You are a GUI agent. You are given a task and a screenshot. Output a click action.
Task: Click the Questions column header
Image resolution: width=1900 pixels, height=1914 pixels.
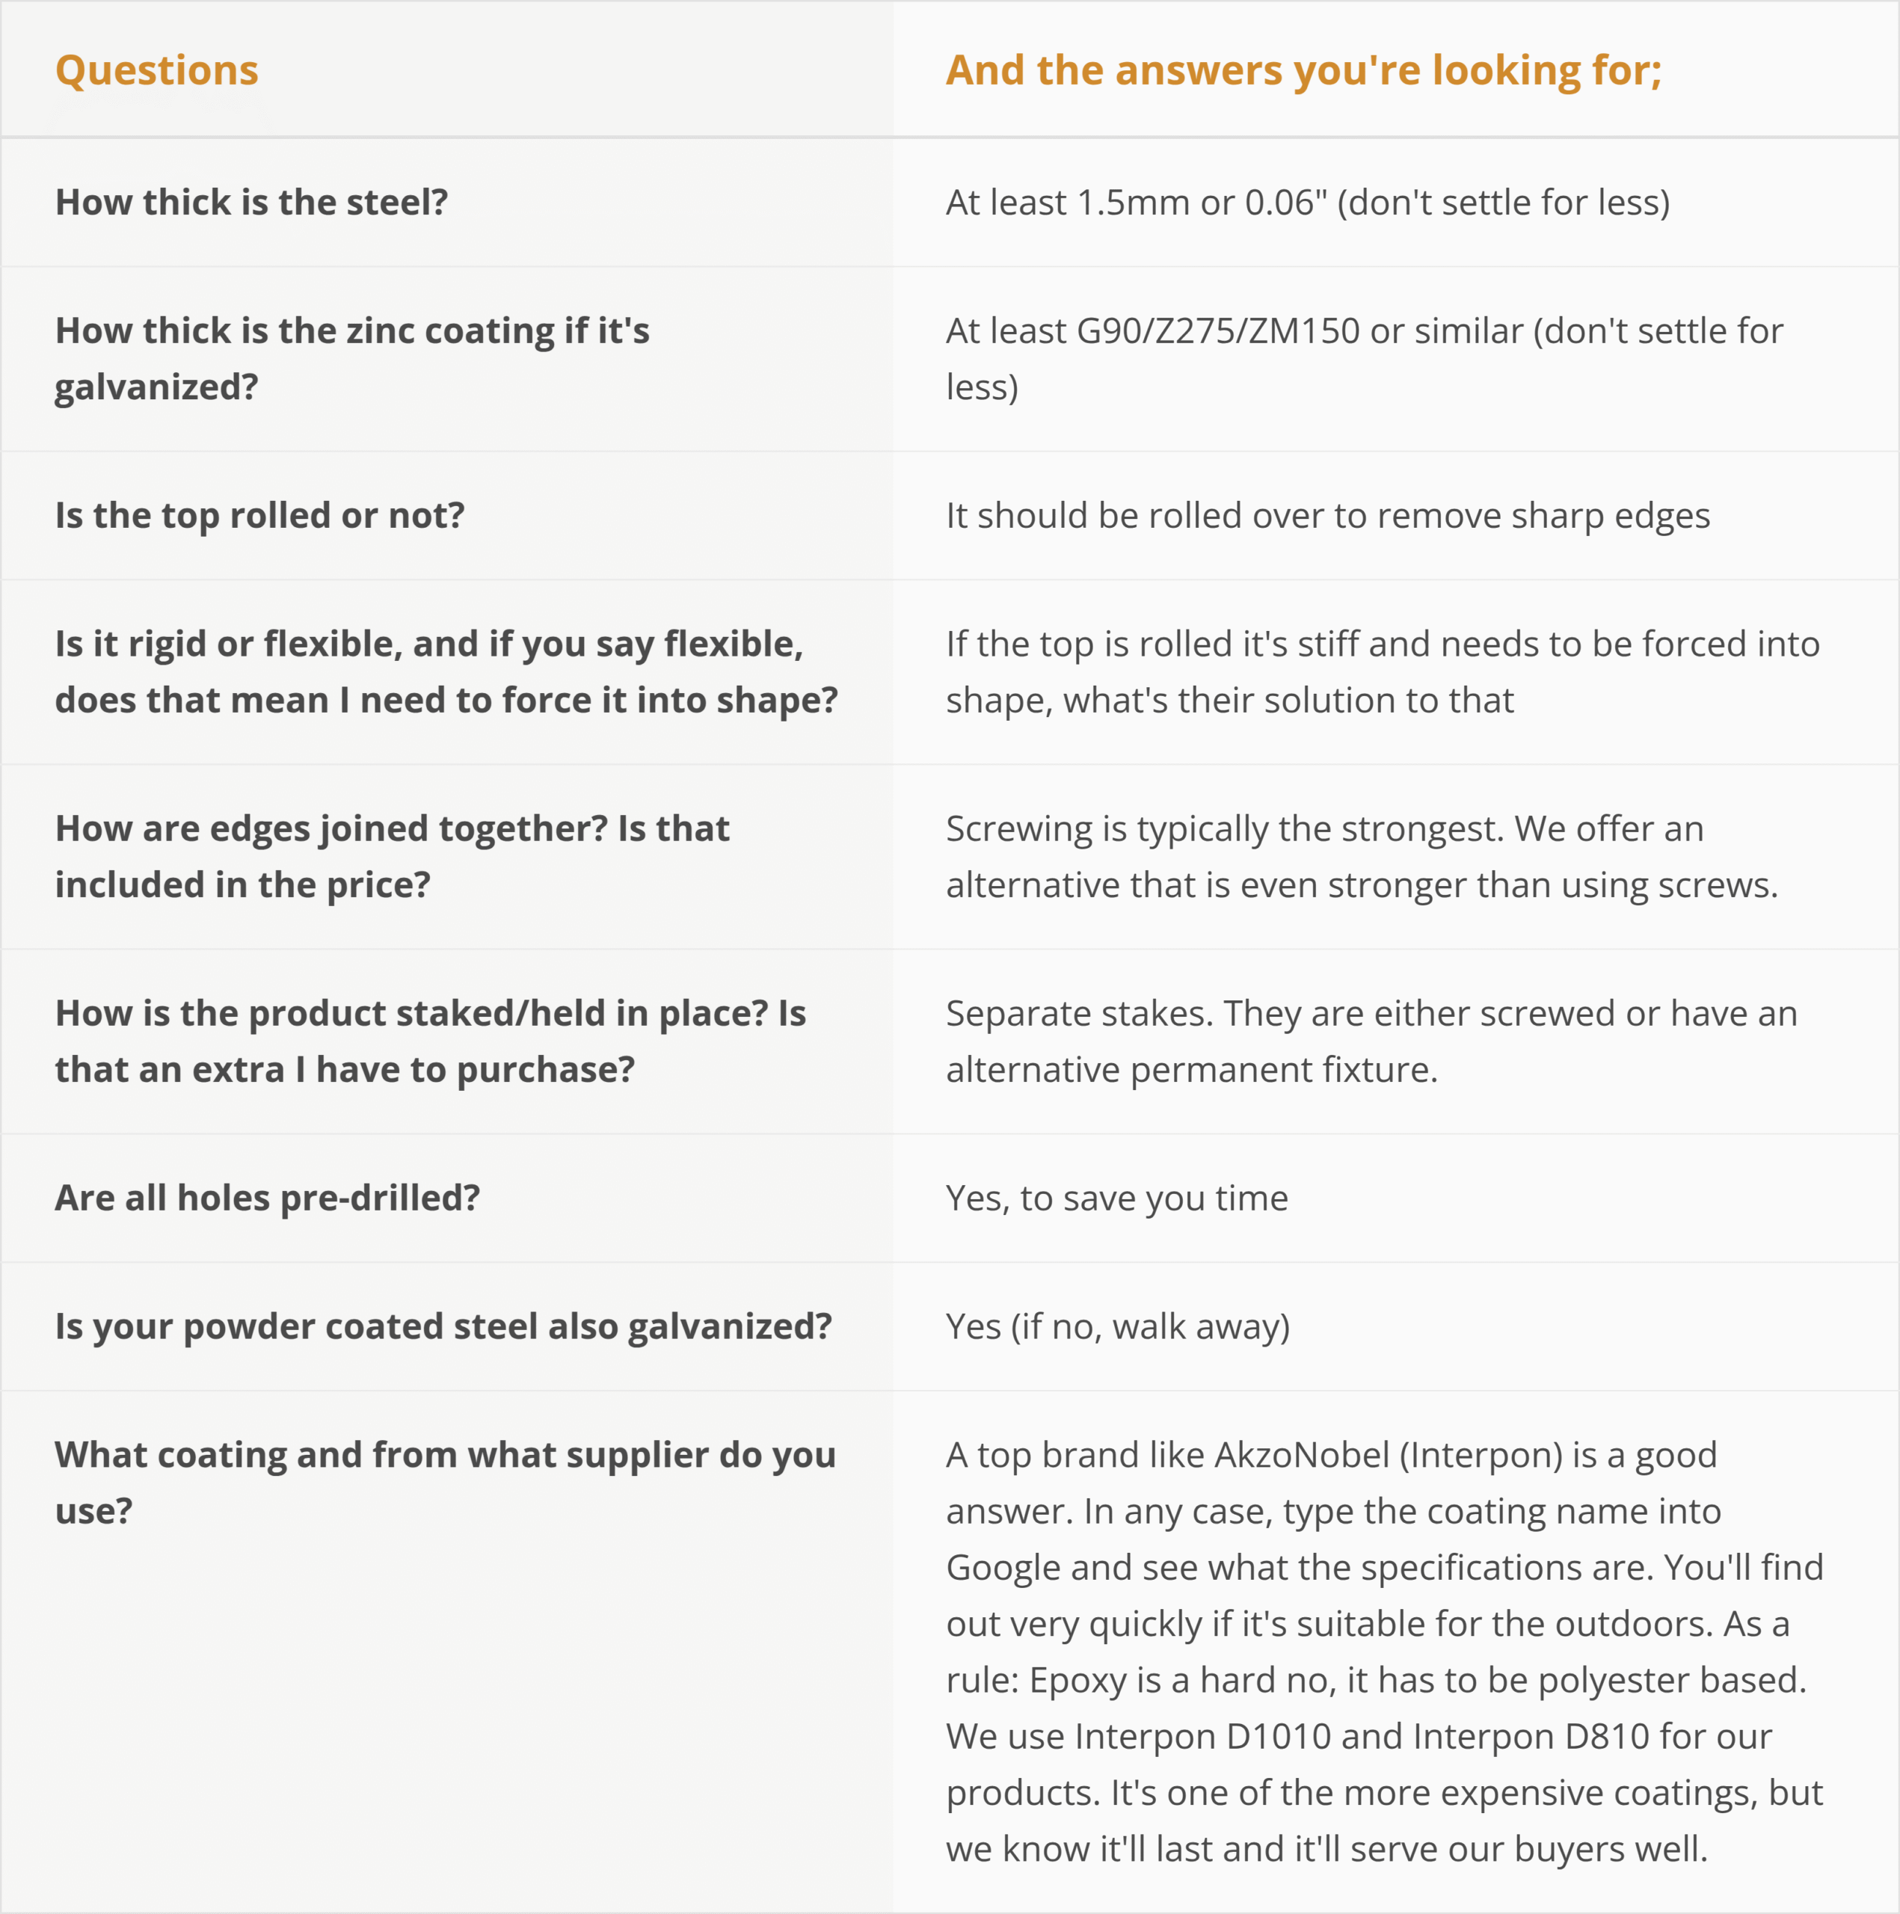tap(156, 70)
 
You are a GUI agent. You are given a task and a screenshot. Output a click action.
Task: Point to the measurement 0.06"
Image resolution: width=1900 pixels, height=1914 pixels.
tap(1285, 202)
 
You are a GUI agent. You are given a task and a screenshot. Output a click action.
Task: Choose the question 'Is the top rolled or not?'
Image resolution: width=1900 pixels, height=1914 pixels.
tap(259, 515)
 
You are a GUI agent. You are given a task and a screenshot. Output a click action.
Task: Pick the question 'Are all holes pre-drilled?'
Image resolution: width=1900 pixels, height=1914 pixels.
tap(268, 1198)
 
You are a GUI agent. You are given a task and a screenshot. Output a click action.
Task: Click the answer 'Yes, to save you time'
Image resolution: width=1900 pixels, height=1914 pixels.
tap(1116, 1198)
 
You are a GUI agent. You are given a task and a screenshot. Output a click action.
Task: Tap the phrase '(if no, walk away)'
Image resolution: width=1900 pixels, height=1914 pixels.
tap(1150, 1326)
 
